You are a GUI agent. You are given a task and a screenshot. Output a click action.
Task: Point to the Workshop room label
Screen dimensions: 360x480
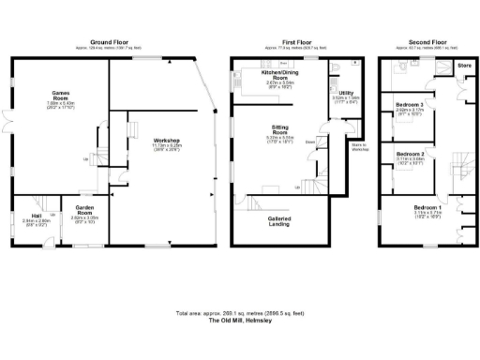click(x=164, y=142)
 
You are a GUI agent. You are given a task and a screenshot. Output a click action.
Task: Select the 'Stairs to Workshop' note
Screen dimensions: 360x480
click(x=359, y=147)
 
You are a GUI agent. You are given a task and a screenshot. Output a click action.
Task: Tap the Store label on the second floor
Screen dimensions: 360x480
click(x=462, y=66)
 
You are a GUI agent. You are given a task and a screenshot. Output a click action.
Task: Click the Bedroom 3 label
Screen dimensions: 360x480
click(x=410, y=105)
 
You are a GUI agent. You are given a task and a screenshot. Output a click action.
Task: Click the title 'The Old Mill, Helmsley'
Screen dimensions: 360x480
click(x=239, y=321)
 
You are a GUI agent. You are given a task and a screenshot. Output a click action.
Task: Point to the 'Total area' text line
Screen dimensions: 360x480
click(x=239, y=313)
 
